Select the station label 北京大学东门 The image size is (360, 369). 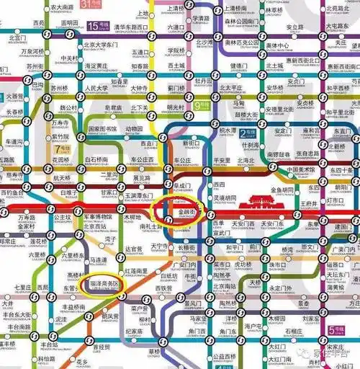(x=99, y=45)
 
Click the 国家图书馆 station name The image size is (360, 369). (x=102, y=130)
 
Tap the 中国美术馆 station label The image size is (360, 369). (x=302, y=170)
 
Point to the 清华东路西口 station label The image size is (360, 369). (x=131, y=29)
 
